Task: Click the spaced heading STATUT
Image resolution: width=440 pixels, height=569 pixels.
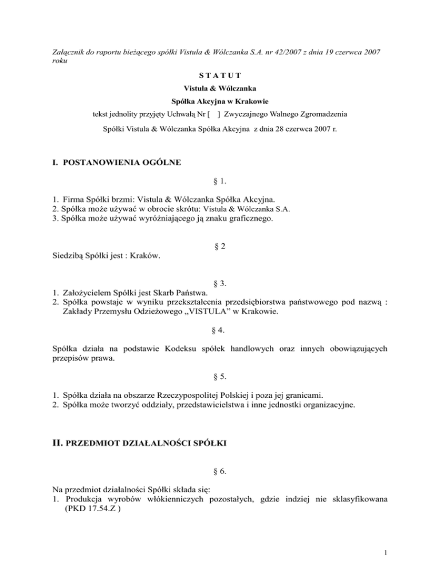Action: click(x=220, y=75)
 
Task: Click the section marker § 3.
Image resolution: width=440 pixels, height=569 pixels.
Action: click(x=219, y=283)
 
